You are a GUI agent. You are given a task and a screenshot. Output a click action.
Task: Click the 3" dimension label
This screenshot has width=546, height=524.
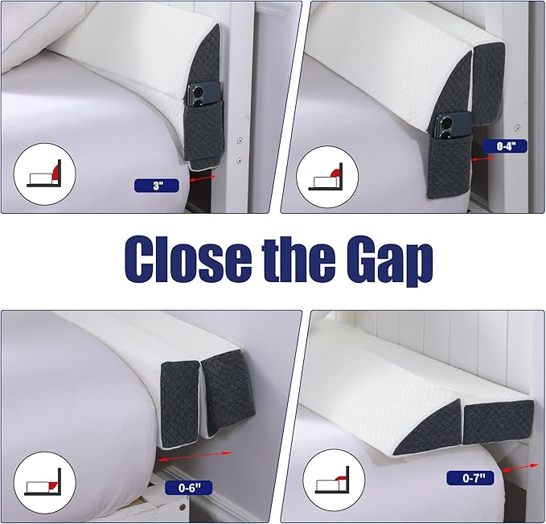pos(156,186)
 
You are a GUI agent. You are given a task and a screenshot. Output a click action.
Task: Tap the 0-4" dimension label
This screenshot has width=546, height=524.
pos(505,146)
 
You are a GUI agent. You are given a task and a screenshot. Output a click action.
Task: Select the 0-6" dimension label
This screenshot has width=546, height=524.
pos(188,488)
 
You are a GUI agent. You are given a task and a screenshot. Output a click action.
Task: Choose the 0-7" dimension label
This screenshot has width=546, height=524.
pos(470,478)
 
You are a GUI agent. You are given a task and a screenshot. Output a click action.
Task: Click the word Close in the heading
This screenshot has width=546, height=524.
pos(188,260)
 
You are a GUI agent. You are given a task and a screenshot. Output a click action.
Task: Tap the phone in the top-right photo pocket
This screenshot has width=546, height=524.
pos(451,125)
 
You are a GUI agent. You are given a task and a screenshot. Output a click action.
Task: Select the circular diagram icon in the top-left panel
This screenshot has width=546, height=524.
pos(44,174)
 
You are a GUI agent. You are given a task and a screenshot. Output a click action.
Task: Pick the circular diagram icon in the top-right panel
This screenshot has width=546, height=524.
pos(327,177)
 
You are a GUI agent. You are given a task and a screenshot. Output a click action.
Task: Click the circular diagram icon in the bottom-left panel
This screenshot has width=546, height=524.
pos(44,482)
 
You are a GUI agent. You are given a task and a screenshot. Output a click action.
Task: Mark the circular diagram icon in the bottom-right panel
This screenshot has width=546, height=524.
pos(334,480)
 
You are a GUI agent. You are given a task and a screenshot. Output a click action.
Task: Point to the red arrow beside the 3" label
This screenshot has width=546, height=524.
pos(203,178)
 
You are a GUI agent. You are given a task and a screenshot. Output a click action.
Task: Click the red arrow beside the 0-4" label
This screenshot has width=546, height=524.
pos(482,158)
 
